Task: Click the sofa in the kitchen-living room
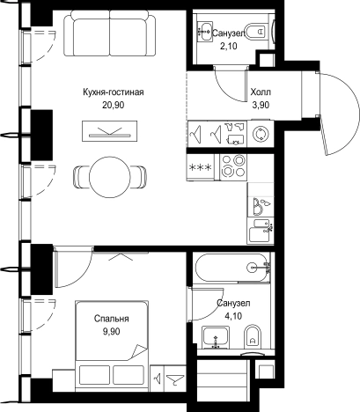pos(110,33)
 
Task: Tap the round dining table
pos(110,177)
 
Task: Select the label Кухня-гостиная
pos(114,92)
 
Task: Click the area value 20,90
pos(114,105)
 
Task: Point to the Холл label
pos(261,92)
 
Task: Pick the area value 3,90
pos(261,105)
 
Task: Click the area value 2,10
pos(228,46)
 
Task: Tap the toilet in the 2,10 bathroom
pos(255,32)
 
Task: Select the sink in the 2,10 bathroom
pos(205,32)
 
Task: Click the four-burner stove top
pos(233,166)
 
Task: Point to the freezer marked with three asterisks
pos(202,167)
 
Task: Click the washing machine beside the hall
pos(261,134)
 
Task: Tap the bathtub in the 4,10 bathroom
pos(232,268)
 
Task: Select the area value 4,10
pos(233,316)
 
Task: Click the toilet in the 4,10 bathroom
pos(253,335)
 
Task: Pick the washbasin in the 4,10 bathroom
pos(217,337)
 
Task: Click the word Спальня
pos(112,319)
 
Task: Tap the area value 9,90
pos(112,332)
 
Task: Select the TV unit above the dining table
pos(110,130)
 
